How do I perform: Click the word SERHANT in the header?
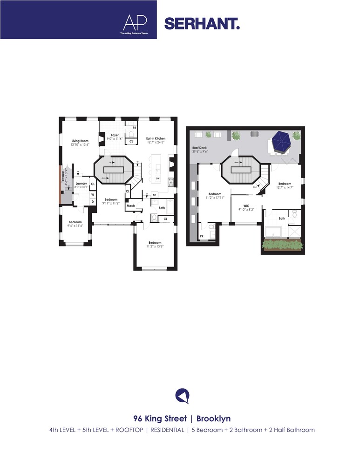pyautogui.click(x=202, y=23)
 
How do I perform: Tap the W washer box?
pyautogui.click(x=93, y=194)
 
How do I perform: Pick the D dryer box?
pyautogui.click(x=93, y=201)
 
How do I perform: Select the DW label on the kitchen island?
pyautogui.click(x=158, y=179)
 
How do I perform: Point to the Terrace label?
pyautogui.click(x=63, y=179)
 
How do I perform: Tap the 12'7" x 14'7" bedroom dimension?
pyautogui.click(x=285, y=187)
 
